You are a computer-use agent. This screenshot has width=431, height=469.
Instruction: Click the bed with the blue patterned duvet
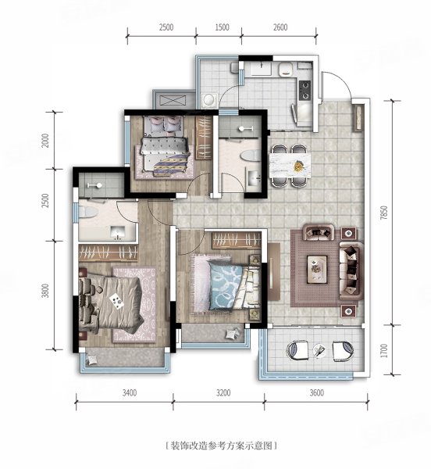(226, 285)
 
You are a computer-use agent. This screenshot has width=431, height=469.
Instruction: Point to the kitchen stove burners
(305, 89)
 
